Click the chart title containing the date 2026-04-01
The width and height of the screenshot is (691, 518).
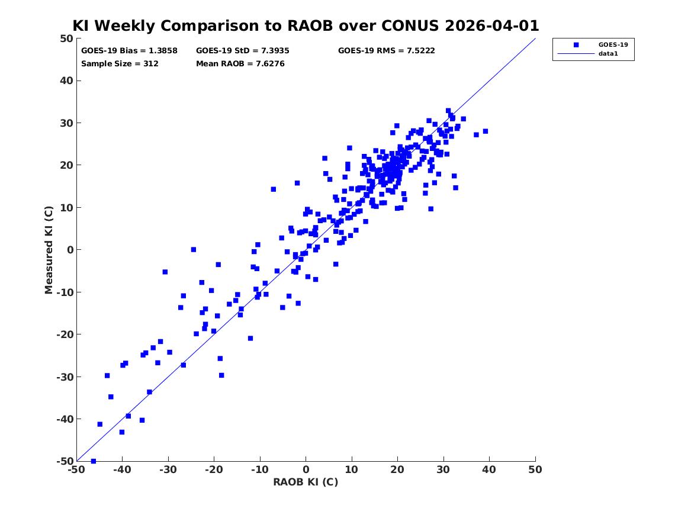[x=306, y=25]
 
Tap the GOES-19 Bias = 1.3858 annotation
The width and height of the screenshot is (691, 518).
[x=129, y=51]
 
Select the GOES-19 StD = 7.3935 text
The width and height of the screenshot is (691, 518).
[x=243, y=51]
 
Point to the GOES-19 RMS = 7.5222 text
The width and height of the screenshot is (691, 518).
[x=387, y=51]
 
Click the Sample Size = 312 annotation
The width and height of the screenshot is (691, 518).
[x=120, y=63]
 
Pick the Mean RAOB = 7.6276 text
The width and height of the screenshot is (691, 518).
[x=240, y=63]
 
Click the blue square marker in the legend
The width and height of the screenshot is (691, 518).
[x=576, y=44]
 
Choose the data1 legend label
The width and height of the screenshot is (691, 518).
[x=608, y=54]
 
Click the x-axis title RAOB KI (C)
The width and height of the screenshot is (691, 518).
[x=306, y=482]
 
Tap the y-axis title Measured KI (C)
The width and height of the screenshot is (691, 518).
[x=49, y=250]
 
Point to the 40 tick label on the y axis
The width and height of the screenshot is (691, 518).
[x=66, y=81]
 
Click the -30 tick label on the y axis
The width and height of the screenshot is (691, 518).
[x=65, y=377]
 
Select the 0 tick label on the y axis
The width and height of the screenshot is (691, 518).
[x=70, y=250]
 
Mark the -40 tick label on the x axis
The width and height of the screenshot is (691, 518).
[x=122, y=469]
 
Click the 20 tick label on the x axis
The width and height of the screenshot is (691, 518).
[x=397, y=469]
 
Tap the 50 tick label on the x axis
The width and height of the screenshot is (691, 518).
[x=535, y=469]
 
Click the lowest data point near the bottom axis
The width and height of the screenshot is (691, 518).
[x=94, y=461]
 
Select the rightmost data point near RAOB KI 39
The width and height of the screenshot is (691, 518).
[x=485, y=131]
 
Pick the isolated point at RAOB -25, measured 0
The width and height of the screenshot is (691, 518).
[x=193, y=250]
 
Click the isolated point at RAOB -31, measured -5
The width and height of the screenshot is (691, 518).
[x=165, y=272]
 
